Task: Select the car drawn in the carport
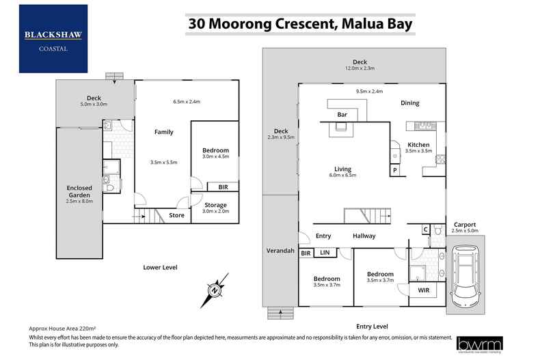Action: (x=466, y=277)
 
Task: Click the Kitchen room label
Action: (x=418, y=145)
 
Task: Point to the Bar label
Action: (x=342, y=115)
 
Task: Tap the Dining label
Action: (x=409, y=103)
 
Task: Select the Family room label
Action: (x=163, y=132)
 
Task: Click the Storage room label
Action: (x=215, y=204)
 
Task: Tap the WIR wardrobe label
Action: (x=423, y=291)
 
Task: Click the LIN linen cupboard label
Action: (x=325, y=253)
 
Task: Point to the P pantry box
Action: (x=394, y=171)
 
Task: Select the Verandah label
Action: (x=280, y=251)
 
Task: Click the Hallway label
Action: (x=364, y=236)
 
